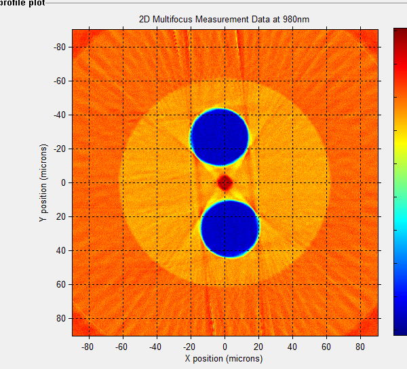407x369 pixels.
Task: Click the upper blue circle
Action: [219, 137]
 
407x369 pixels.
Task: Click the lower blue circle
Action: [230, 229]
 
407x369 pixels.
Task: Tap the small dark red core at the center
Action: [225, 182]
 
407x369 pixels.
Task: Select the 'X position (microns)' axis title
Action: [224, 358]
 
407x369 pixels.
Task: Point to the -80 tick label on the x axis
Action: [88, 347]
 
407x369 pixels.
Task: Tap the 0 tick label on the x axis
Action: [225, 347]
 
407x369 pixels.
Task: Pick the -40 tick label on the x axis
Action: [156, 347]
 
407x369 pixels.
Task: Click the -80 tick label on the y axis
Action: [60, 47]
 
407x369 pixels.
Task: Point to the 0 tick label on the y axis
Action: [64, 182]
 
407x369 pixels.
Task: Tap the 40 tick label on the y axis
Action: [62, 250]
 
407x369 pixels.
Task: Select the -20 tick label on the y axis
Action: [60, 149]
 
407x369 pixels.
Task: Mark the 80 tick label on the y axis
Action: [62, 318]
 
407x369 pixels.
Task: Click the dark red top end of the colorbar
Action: [400, 33]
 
